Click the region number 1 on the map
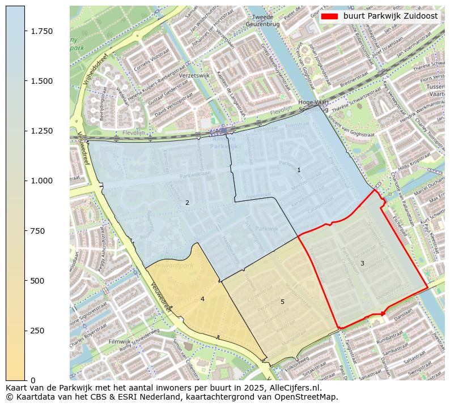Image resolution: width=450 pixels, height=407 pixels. (299, 170)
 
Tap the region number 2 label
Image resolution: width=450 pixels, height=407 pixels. (187, 203)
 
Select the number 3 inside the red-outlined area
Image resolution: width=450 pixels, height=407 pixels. (362, 263)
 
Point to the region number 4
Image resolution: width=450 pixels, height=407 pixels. (202, 299)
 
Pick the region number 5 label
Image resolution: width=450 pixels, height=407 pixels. (282, 302)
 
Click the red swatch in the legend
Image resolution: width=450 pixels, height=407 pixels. (329, 16)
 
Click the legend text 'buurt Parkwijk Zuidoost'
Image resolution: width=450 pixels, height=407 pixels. (390, 16)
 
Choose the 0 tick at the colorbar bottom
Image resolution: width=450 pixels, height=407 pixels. (33, 380)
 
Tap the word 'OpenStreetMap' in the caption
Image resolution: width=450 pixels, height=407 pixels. (307, 397)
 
